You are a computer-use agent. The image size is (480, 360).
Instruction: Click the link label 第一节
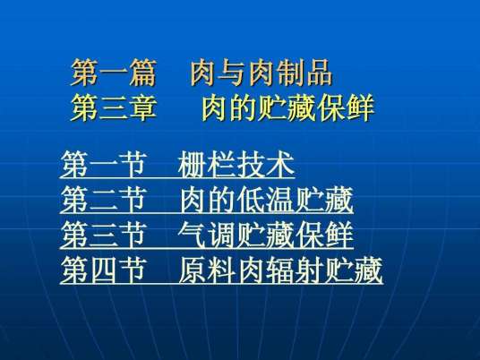[x=103, y=166]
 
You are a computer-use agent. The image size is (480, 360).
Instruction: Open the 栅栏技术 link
[x=236, y=166]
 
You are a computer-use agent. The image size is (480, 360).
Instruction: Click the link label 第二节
[x=103, y=201]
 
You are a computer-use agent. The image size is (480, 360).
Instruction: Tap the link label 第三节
[x=103, y=236]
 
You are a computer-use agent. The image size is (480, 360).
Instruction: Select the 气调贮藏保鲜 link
[x=260, y=236]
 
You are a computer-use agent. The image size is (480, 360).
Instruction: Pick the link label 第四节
[x=103, y=270]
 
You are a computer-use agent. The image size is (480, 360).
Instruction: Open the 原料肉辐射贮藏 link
[x=280, y=270]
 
